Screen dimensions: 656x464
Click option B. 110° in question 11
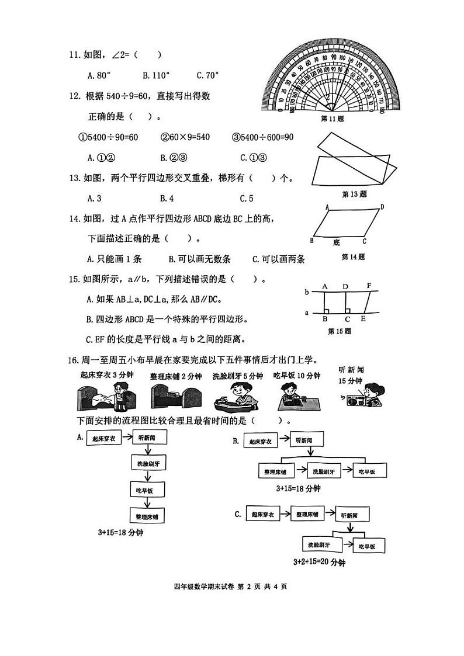click(156, 75)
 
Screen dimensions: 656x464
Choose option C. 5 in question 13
click(247, 198)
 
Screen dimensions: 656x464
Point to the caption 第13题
click(354, 195)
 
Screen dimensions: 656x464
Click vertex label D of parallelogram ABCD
click(382, 207)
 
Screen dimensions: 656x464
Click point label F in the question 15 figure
click(369, 286)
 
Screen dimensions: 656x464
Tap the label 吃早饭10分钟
click(297, 376)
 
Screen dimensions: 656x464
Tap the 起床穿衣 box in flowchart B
click(260, 442)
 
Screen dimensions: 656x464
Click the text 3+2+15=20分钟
click(319, 563)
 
